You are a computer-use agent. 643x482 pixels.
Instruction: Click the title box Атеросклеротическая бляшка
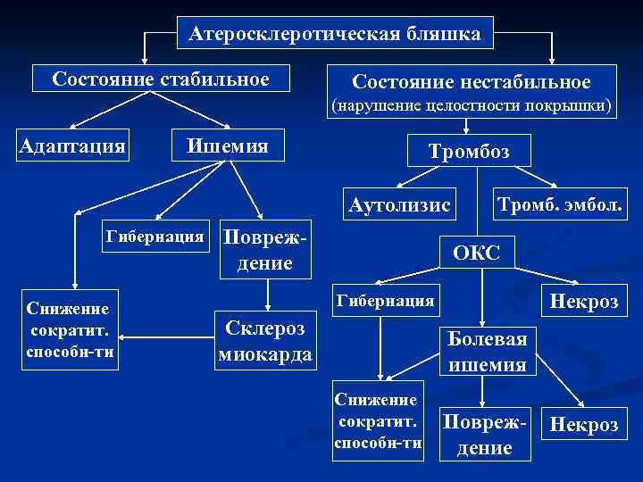pos(334,34)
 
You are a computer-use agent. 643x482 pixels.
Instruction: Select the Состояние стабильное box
pos(161,79)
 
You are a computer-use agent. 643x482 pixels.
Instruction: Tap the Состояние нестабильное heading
pos(471,82)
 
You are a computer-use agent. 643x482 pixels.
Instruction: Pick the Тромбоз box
pos(469,152)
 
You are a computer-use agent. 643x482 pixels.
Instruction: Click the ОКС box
pos(476,253)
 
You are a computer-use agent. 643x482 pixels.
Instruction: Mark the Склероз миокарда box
pos(264,340)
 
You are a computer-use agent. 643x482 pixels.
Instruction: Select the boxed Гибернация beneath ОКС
pos(384,301)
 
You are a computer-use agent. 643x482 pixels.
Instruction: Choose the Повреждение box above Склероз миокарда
pos(264,251)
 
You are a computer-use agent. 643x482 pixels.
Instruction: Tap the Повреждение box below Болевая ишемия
pos(483,435)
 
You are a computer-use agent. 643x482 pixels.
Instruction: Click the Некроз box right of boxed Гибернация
pos(584,301)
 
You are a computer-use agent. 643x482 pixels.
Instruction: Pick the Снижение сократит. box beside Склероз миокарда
pos(68,328)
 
